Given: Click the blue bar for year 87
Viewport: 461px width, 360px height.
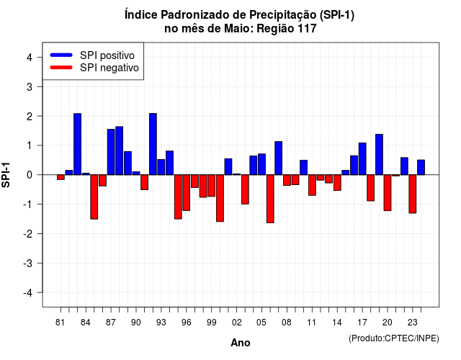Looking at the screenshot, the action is pyautogui.click(x=111, y=152).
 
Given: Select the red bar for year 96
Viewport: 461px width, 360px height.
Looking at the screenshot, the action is pyautogui.click(x=187, y=193).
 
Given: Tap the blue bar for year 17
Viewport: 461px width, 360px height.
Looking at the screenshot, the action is pyautogui.click(x=362, y=158).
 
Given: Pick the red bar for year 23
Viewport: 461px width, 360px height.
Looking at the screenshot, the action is pyautogui.click(x=413, y=194).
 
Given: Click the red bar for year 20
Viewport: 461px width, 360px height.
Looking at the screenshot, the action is pyautogui.click(x=388, y=193).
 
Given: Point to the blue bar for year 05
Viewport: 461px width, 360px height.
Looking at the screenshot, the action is pyautogui.click(x=261, y=164).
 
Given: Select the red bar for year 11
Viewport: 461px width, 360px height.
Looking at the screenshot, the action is pyautogui.click(x=312, y=185).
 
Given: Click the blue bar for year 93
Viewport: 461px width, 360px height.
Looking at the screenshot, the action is pyautogui.click(x=161, y=167).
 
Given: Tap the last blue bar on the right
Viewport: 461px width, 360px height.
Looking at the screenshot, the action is pyautogui.click(x=421, y=167).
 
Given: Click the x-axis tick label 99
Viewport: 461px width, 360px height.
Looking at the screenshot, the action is pyautogui.click(x=211, y=323).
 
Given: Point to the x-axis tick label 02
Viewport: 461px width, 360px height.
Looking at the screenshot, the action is pyautogui.click(x=236, y=323).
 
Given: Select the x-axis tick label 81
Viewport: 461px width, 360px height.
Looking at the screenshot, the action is pyautogui.click(x=60, y=323).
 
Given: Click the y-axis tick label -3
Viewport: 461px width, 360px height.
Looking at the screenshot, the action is pyautogui.click(x=28, y=264).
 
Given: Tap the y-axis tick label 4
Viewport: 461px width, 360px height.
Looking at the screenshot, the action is pyautogui.click(x=30, y=58).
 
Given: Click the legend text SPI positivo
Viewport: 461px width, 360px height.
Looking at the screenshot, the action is pyautogui.click(x=107, y=55).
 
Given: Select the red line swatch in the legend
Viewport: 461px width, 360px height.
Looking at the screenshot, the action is pyautogui.click(x=61, y=68).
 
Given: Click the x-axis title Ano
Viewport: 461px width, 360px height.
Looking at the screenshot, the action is pyautogui.click(x=241, y=343).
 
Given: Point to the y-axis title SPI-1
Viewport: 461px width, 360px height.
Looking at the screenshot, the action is pyautogui.click(x=6, y=175).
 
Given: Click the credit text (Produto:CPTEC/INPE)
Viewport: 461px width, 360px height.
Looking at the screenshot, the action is pyautogui.click(x=394, y=338).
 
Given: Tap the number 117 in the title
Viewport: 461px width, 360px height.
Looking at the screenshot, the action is pyautogui.click(x=307, y=29).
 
